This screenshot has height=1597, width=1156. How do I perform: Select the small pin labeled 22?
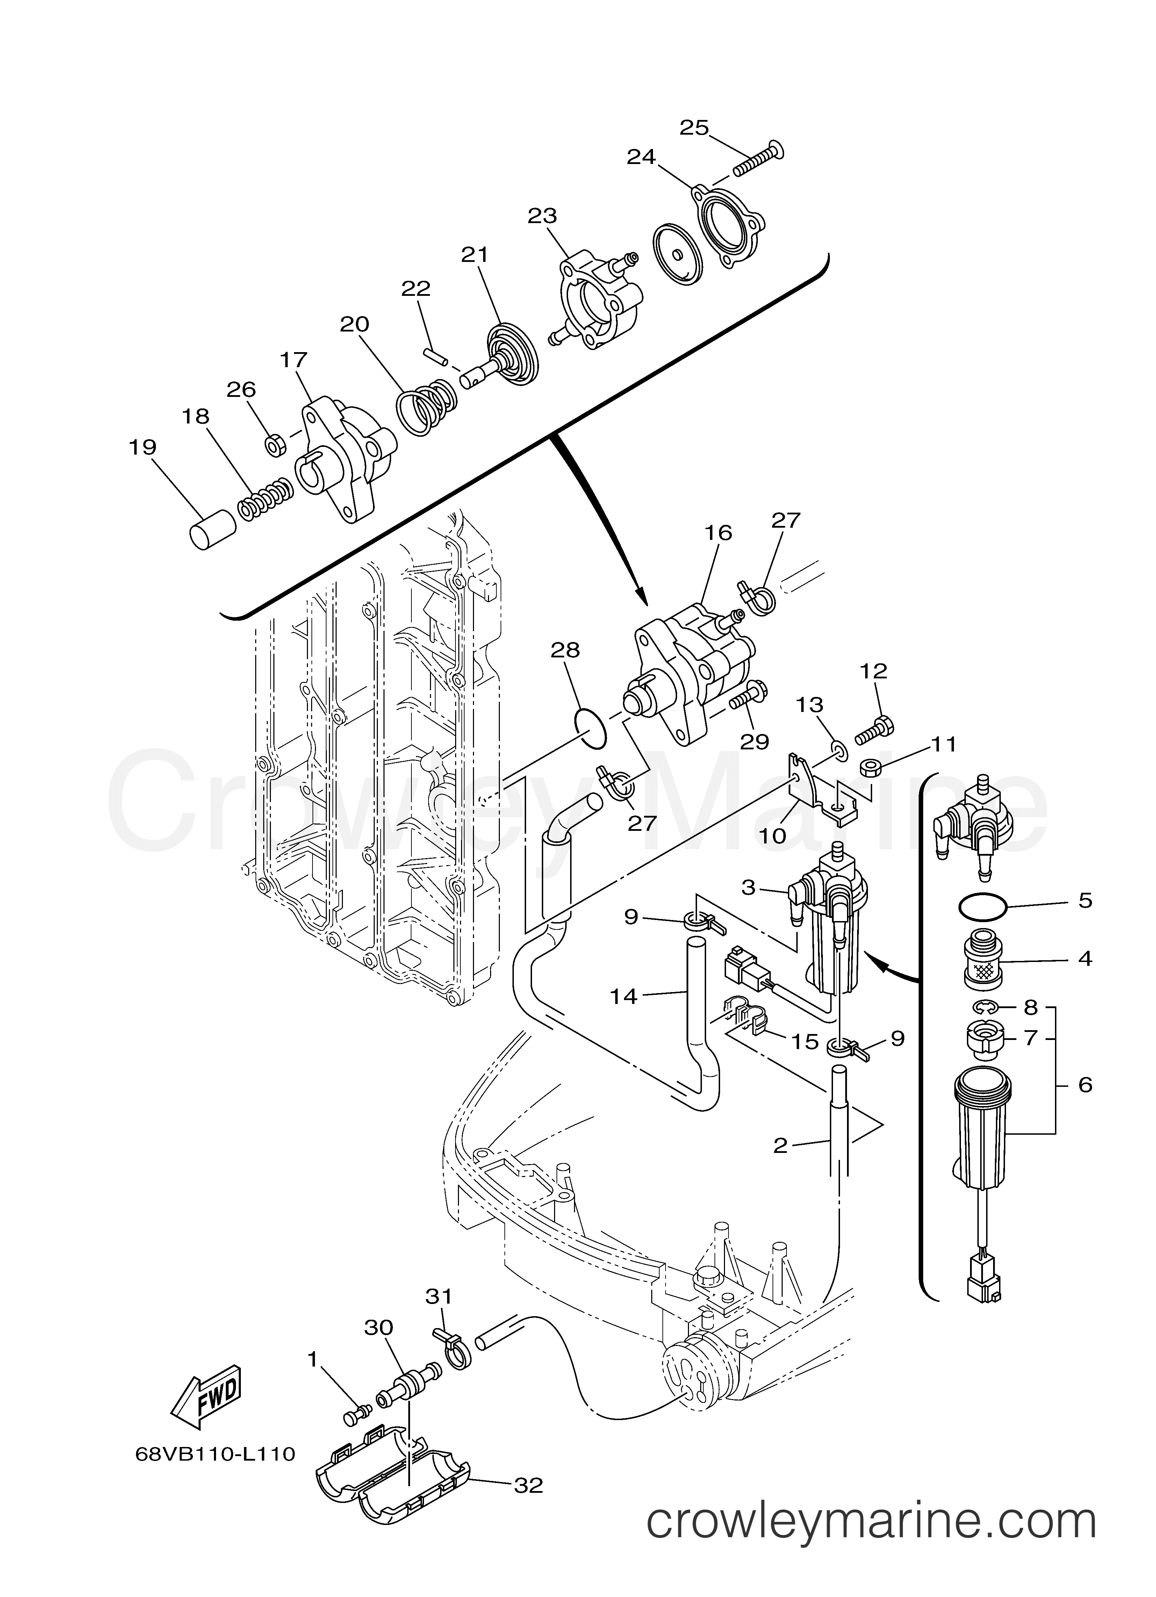437,354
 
